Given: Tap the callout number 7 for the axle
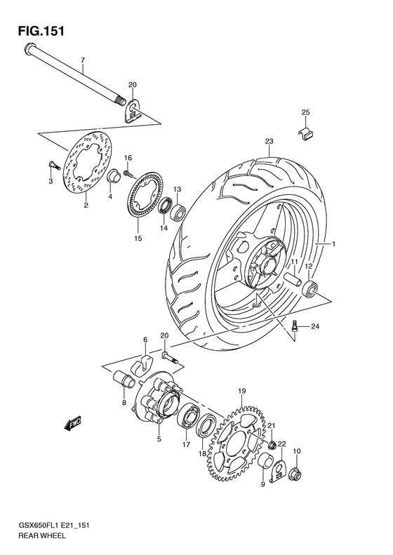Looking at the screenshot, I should point(82,60).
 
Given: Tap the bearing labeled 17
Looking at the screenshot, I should point(188,417).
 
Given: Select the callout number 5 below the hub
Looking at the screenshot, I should point(159,439).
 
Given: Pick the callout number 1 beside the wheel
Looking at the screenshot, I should point(334,244).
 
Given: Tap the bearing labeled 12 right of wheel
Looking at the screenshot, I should point(310,288).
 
